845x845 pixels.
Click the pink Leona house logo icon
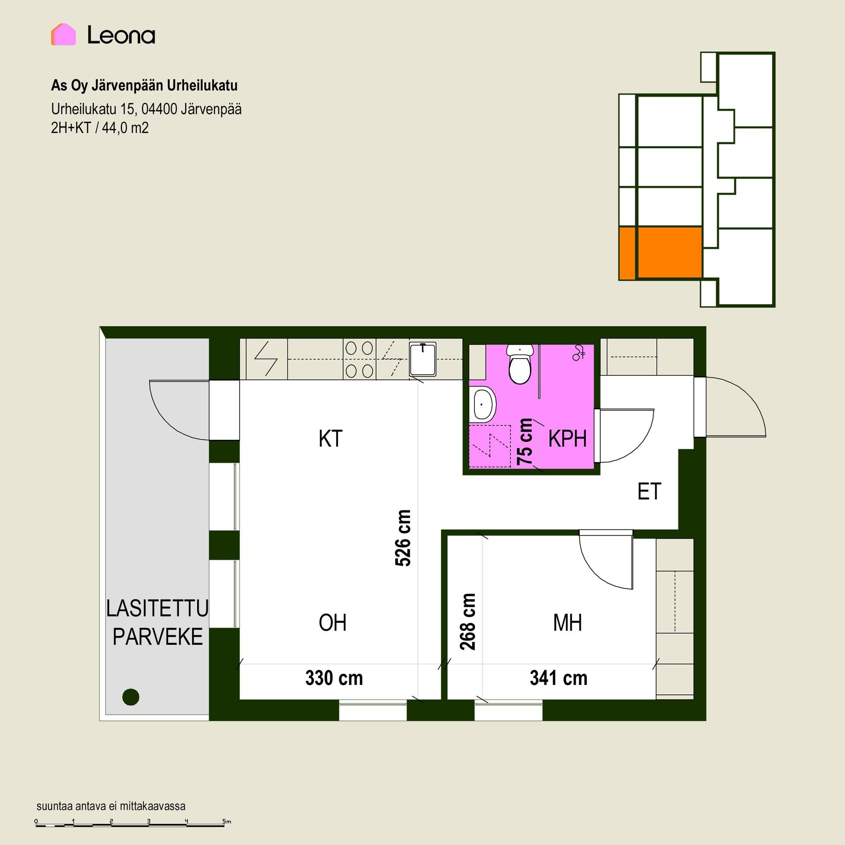coord(63,34)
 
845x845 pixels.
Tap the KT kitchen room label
coord(330,439)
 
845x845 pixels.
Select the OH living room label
coord(332,623)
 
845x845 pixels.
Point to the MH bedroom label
coord(567,623)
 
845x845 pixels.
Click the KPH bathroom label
coord(567,439)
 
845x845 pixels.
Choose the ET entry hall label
coord(649,492)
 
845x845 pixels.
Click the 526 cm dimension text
coord(403,538)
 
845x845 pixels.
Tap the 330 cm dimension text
coord(334,678)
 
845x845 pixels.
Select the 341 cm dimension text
coord(558,678)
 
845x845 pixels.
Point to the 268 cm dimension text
coord(468,622)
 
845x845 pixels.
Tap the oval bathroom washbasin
coord(483,404)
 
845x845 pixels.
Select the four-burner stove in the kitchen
coord(360,360)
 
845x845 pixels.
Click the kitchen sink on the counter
coord(422,360)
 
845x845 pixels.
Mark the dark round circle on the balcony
coord(131,697)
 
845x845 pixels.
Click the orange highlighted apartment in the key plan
coord(660,253)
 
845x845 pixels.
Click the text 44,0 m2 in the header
coord(125,128)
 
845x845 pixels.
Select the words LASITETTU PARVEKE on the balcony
coord(158,622)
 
